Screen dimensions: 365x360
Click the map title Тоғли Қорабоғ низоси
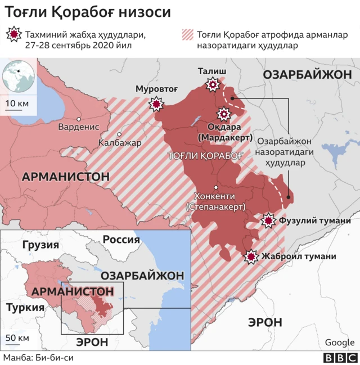(x=87, y=12)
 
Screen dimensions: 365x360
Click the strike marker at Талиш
(x=213, y=85)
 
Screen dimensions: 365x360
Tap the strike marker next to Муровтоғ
(x=156, y=105)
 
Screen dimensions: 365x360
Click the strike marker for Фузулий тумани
(x=269, y=220)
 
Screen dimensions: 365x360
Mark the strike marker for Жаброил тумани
(x=251, y=256)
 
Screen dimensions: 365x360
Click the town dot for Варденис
(x=79, y=119)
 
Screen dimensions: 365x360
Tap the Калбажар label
(x=120, y=143)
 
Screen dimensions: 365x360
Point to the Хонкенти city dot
(x=216, y=187)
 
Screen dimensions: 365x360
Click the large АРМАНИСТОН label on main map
(x=65, y=177)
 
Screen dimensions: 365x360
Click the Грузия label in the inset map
(x=40, y=245)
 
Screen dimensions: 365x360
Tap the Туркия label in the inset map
(x=25, y=307)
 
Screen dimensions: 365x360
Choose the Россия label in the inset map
(x=120, y=239)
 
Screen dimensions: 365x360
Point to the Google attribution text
(x=339, y=343)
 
